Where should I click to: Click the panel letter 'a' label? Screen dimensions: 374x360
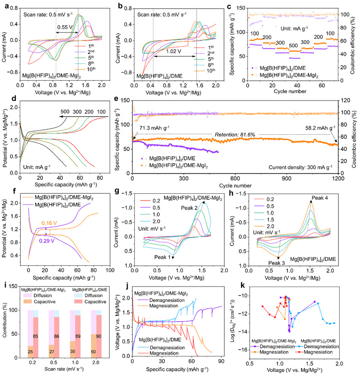(5, 5)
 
